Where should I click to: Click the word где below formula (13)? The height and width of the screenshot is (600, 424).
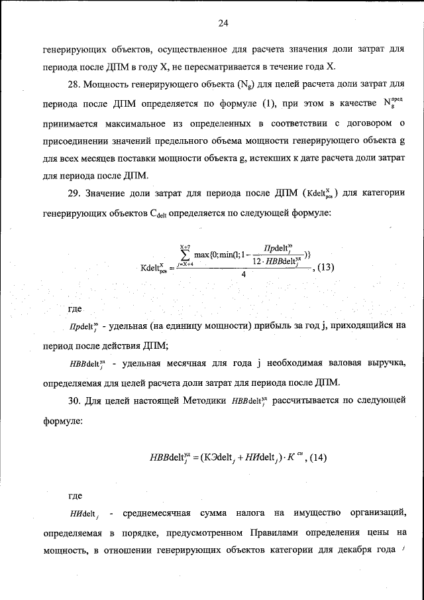[76, 310]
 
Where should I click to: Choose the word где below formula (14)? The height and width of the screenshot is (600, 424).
[76, 495]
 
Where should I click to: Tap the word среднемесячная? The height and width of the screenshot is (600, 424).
[156, 514]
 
